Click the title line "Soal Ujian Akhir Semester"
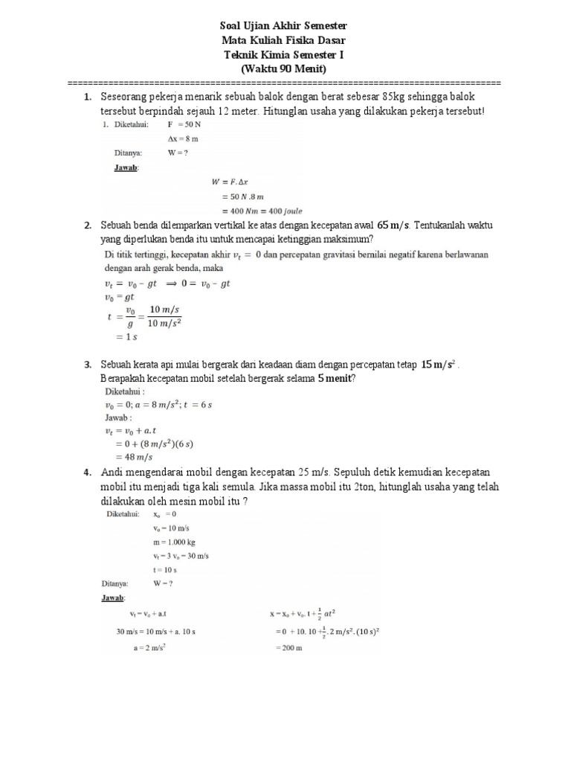click(285, 26)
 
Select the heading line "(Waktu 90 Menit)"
click(285, 69)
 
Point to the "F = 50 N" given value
click(184, 125)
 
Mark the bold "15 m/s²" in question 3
click(437, 365)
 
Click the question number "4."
click(88, 473)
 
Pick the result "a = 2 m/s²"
click(149, 647)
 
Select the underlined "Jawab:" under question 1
click(126, 168)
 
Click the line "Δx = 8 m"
click(184, 139)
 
